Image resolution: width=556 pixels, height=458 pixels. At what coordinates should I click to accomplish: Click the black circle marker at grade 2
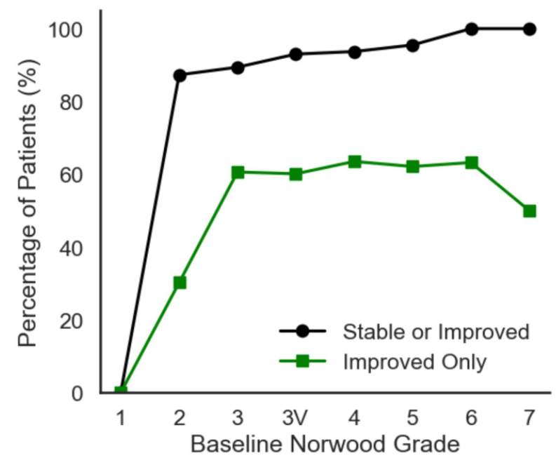(x=179, y=75)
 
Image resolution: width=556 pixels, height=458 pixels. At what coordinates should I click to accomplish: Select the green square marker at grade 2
(x=179, y=283)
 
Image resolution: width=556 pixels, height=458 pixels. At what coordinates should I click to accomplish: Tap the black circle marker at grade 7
(x=529, y=29)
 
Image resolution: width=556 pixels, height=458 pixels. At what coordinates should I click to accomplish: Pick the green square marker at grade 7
(x=529, y=211)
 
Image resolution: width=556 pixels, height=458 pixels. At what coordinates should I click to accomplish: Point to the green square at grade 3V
(x=296, y=174)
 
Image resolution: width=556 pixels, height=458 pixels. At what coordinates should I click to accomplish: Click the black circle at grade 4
(x=354, y=52)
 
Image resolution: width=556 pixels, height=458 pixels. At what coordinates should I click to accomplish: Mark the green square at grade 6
(x=471, y=163)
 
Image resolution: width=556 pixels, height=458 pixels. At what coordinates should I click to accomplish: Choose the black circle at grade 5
(x=412, y=46)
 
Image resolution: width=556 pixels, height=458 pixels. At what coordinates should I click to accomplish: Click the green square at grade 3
(x=238, y=172)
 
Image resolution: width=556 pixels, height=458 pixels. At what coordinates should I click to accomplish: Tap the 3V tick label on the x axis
(x=296, y=418)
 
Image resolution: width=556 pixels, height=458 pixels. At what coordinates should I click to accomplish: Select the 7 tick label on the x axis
(x=529, y=418)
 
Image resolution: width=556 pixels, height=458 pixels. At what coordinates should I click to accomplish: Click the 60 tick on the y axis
(x=72, y=175)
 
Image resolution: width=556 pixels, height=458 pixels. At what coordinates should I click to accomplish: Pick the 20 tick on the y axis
(x=72, y=321)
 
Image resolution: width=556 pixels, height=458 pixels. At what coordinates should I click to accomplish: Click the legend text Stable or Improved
(x=435, y=331)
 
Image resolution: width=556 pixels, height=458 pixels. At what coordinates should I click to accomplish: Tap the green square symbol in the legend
(x=303, y=361)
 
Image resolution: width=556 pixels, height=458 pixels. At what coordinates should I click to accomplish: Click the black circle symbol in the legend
(x=303, y=331)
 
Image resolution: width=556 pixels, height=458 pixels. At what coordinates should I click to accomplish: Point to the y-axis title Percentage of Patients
(x=27, y=203)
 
